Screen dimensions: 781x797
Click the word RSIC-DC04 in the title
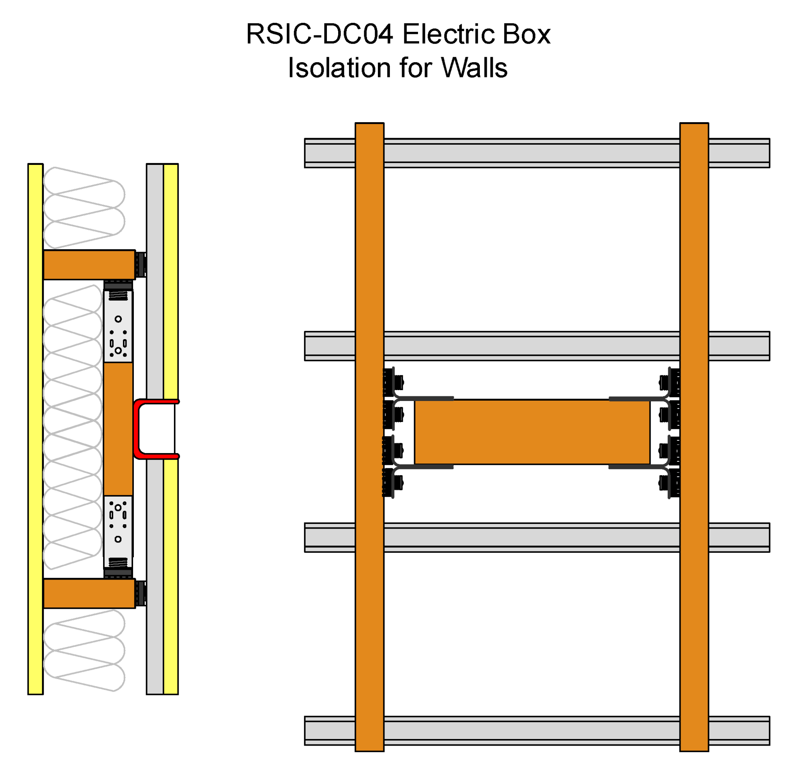click(320, 34)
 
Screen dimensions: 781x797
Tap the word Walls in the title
click(474, 68)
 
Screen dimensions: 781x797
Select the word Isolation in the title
click(339, 68)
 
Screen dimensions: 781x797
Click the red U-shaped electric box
click(137, 429)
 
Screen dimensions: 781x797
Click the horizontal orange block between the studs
click(532, 432)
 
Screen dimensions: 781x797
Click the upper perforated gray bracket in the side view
click(118, 326)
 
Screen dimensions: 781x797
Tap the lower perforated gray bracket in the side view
click(118, 532)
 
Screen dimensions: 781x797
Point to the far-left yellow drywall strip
click(35, 429)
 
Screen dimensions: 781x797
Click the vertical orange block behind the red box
click(118, 429)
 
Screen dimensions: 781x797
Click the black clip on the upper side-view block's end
click(141, 264)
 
